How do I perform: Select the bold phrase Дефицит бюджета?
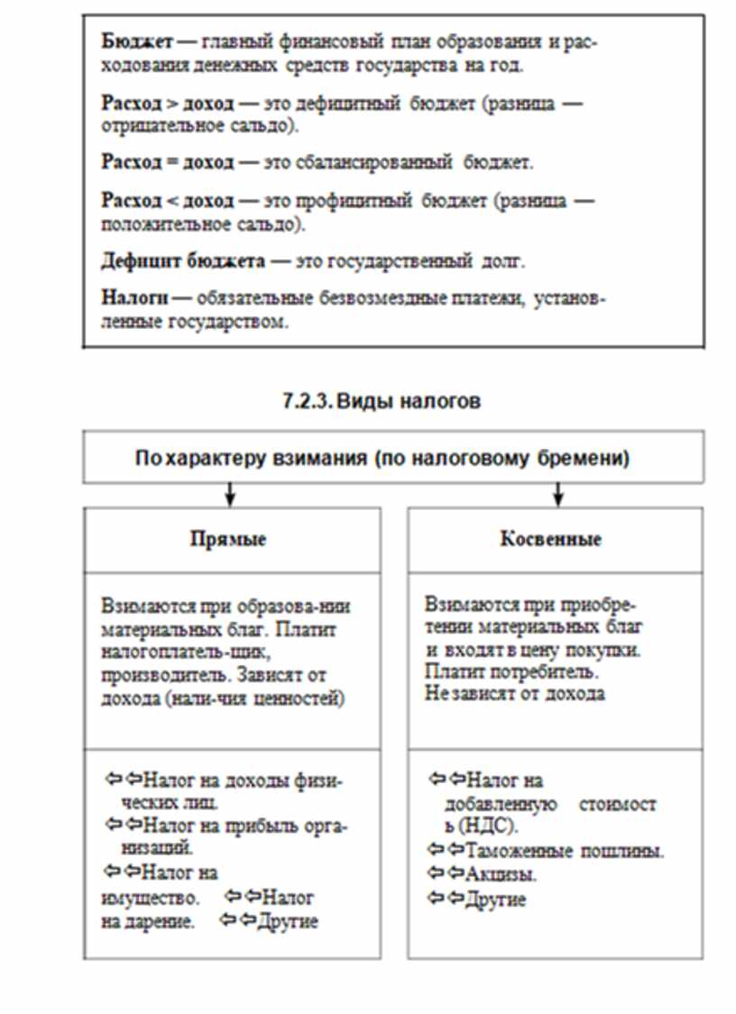[183, 261]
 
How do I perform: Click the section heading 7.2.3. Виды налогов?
[382, 401]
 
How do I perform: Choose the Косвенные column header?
[551, 539]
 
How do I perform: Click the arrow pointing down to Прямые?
[230, 494]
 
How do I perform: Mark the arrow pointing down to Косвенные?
[558, 494]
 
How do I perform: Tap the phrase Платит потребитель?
[511, 672]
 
